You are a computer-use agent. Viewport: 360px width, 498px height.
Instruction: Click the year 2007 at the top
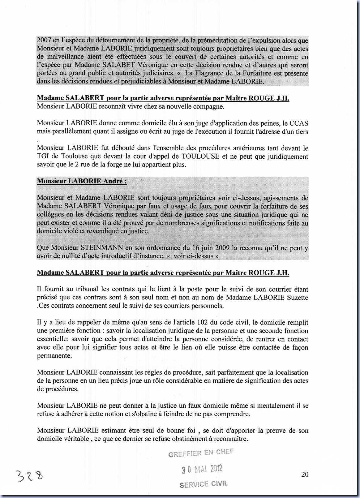pos(44,41)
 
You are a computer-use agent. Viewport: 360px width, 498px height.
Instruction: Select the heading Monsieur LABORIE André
pos(82,181)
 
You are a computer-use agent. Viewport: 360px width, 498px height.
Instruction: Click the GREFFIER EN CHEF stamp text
pos(201,453)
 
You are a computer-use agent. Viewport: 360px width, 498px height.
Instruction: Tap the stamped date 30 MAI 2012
pos(202,469)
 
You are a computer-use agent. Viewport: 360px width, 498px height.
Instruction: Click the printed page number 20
pos(305,474)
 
